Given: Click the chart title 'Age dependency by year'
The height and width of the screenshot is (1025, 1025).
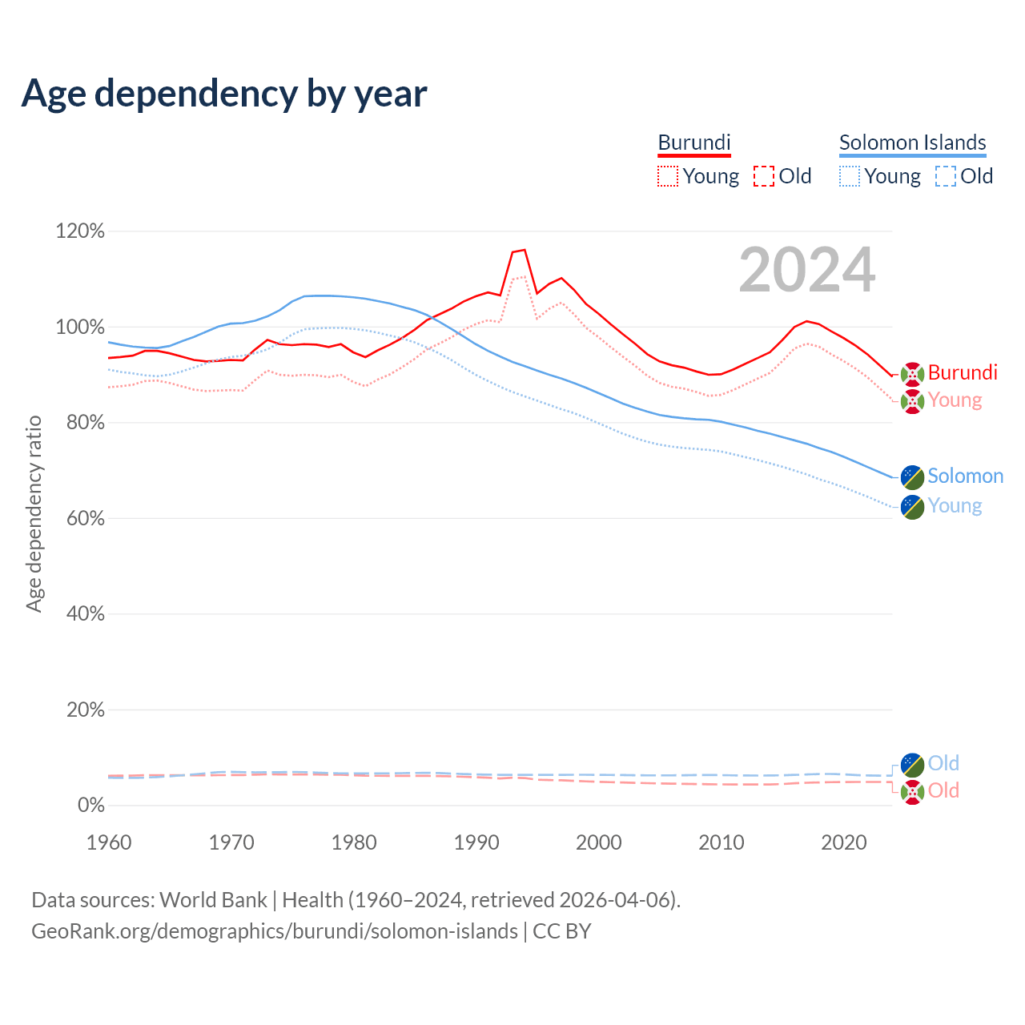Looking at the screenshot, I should [224, 93].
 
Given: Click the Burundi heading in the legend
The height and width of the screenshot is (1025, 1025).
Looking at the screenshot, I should [694, 143].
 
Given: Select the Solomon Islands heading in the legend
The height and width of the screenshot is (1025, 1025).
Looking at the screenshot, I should [912, 143].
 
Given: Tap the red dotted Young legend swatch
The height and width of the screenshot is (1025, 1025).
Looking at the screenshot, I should [668, 176].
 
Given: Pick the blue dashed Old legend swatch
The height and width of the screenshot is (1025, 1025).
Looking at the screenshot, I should [946, 176].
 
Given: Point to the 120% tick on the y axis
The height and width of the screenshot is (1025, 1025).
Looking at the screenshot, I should [80, 231].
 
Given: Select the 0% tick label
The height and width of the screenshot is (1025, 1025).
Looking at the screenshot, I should [90, 805].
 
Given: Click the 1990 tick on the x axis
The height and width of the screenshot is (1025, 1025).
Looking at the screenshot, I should [476, 842].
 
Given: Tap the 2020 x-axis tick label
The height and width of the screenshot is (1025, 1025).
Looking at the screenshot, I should [844, 842].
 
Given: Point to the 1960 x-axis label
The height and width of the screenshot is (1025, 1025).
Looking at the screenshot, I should [109, 842].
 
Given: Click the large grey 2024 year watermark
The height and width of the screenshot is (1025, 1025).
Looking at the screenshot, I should [806, 270].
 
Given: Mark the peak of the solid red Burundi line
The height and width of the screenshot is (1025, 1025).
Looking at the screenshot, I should [525, 250].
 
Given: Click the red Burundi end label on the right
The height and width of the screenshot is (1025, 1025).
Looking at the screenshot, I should [963, 372].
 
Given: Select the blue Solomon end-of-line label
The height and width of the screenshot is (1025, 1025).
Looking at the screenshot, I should [965, 476].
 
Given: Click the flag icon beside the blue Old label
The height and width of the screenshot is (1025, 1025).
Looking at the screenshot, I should [912, 764].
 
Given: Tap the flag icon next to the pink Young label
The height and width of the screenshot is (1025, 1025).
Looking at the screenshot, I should [912, 401].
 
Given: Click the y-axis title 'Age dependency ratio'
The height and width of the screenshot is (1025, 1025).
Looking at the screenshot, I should [34, 513].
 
